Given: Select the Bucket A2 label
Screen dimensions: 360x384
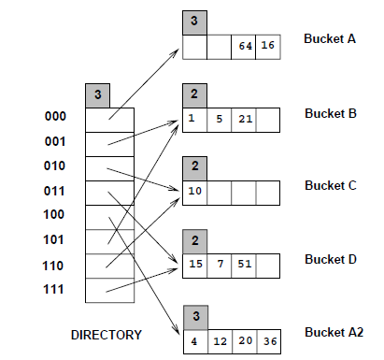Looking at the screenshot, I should [334, 332].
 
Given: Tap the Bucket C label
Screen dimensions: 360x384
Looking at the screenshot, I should [330, 185].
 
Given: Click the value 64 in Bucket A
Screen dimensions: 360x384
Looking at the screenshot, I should [245, 47].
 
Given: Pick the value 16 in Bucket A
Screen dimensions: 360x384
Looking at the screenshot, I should [269, 47].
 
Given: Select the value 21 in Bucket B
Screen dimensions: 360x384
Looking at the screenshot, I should [245, 119].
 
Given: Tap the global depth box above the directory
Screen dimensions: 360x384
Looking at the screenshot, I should [97, 94].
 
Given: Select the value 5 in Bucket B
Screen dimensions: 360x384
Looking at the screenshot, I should [220, 119].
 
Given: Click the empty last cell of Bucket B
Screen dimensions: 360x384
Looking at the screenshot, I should [269, 119].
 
